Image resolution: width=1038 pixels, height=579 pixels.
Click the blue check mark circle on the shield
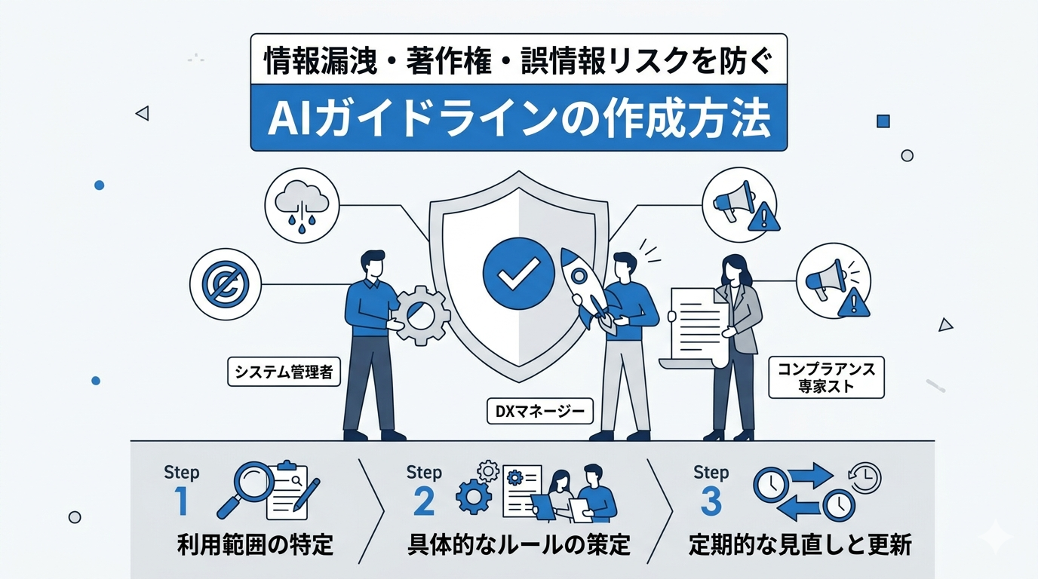518,274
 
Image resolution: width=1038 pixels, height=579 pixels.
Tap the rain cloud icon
302,206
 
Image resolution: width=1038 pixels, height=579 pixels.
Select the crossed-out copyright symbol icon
226,284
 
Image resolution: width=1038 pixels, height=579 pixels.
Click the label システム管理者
284,372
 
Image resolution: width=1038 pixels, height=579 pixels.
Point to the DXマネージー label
540,411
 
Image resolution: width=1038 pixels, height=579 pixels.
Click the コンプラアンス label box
826,377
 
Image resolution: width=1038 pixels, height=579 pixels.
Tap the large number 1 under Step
181,501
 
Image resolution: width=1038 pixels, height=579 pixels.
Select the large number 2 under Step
423,501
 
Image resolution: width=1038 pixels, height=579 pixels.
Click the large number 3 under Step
711,501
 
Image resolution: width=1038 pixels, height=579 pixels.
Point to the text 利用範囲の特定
255,545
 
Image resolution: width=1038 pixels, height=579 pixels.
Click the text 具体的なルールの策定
518,545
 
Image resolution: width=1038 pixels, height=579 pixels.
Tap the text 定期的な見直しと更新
800,545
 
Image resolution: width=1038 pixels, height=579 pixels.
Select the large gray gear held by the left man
421,315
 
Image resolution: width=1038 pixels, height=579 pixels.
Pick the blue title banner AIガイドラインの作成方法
518,118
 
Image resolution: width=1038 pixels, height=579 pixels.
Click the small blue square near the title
883,121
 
